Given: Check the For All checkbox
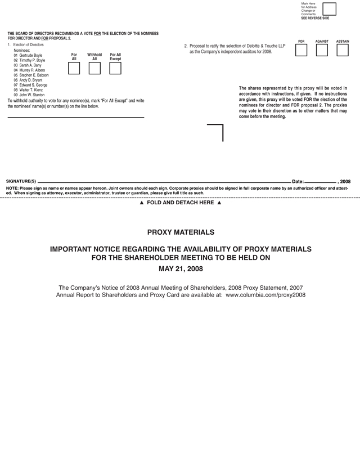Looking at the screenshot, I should [x=74, y=68].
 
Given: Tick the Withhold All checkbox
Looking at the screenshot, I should [x=94, y=68].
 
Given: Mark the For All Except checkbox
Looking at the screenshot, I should [x=115, y=68].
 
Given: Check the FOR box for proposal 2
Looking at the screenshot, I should [x=301, y=51].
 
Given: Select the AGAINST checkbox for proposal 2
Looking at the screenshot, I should [x=322, y=51].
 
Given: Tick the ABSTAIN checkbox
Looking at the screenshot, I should [x=343, y=51].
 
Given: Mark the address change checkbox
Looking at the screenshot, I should [x=329, y=9].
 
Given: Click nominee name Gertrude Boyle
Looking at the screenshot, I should [x=31, y=56].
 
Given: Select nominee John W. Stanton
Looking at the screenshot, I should [x=32, y=95].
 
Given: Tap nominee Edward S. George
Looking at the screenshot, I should [x=33, y=85].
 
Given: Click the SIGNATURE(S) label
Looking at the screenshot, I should [x=21, y=182].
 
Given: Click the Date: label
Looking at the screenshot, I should [x=298, y=182].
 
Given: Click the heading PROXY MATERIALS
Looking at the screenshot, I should [x=181, y=232].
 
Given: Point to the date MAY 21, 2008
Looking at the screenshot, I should [x=181, y=268].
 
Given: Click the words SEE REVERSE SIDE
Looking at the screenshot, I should [x=315, y=18].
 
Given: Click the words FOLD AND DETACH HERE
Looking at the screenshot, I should [x=181, y=203].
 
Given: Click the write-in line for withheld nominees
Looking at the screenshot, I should [x=76, y=116].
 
